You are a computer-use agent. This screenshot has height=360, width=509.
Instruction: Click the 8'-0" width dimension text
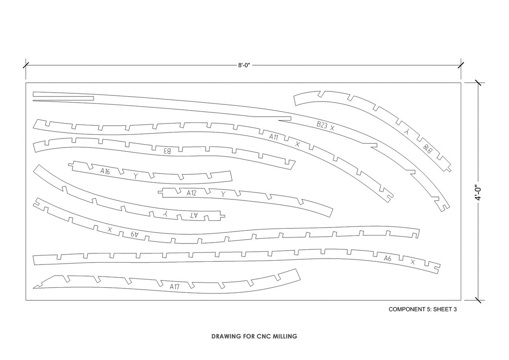click(x=244, y=66)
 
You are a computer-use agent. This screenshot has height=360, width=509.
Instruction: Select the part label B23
click(x=322, y=125)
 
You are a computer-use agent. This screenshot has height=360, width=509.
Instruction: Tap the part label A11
click(x=273, y=137)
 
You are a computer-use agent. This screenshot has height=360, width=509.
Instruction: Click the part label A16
click(x=105, y=171)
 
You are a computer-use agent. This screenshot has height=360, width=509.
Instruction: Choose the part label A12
click(x=191, y=193)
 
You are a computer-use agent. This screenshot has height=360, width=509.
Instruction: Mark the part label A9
click(x=134, y=234)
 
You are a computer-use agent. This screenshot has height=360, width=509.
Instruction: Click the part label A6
click(x=387, y=259)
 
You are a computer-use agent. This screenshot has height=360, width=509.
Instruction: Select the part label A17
click(x=175, y=286)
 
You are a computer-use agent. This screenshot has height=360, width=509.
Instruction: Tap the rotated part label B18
click(x=427, y=149)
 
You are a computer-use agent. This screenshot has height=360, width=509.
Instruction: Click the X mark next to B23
click(x=332, y=128)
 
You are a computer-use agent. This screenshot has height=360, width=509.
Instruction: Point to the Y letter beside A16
click(x=136, y=176)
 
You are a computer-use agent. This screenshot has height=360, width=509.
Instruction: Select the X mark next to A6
click(x=413, y=262)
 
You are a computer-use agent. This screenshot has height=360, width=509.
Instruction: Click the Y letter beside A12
click(x=223, y=194)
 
